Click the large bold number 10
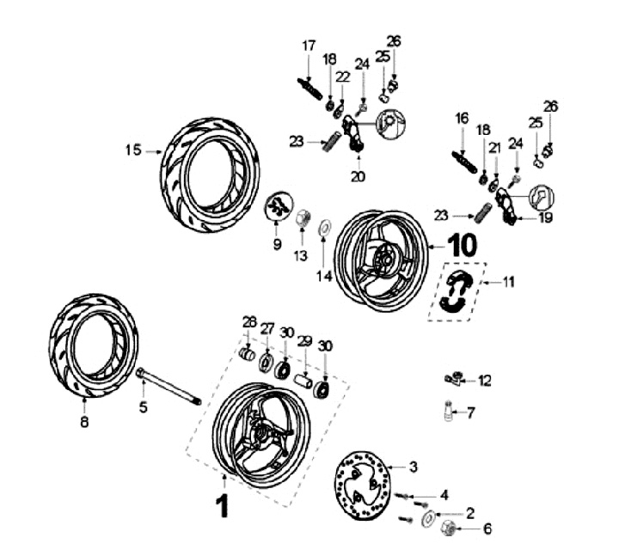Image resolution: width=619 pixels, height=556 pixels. click(463, 244)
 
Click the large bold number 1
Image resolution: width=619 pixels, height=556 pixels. click(223, 505)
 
